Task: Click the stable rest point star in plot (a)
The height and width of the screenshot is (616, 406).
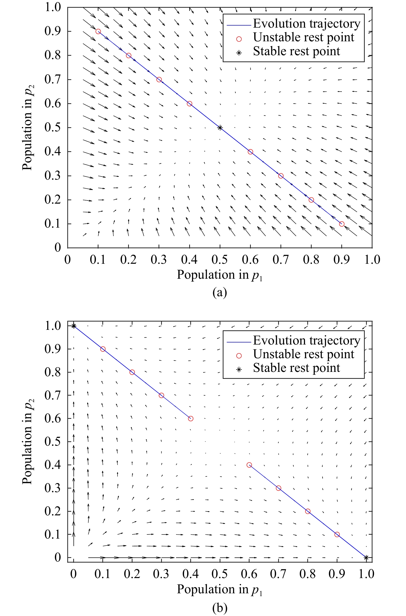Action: (220, 127)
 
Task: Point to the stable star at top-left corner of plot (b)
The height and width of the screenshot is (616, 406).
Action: (74, 326)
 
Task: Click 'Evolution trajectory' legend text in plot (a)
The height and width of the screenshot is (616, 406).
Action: (306, 23)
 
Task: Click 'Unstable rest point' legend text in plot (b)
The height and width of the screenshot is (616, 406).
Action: (303, 354)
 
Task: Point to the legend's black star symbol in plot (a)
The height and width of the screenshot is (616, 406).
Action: (239, 53)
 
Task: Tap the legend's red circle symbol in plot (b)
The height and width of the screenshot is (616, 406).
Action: (239, 356)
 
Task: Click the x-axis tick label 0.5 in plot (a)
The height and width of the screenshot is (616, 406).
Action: (220, 260)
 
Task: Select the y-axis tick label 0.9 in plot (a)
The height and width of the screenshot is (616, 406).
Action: (53, 31)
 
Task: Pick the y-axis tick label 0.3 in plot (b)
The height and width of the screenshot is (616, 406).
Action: (53, 488)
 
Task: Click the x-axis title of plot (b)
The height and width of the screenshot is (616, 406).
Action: (220, 589)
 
